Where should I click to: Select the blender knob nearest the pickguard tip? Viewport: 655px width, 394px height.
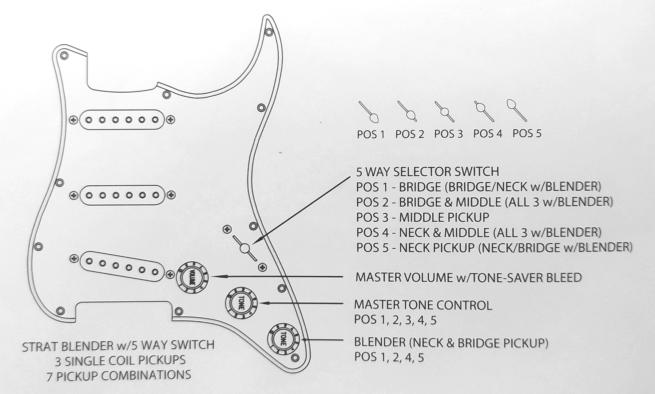(283, 339)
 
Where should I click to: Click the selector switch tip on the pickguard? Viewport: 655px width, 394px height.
(245, 248)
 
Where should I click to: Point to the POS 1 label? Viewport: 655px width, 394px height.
(370, 134)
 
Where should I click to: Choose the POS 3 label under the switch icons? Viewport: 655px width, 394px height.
(448, 134)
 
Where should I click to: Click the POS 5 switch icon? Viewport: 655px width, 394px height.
(516, 110)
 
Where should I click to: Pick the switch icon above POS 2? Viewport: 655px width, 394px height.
(408, 111)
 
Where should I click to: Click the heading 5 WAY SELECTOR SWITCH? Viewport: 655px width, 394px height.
(428, 172)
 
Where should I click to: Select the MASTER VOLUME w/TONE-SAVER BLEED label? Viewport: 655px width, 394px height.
(468, 277)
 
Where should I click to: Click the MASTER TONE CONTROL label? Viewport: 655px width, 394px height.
(423, 305)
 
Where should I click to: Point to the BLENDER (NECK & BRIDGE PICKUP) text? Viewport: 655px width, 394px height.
(451, 342)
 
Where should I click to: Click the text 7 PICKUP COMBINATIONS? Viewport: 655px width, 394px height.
(119, 375)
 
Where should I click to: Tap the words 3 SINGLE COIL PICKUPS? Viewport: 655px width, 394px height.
(120, 360)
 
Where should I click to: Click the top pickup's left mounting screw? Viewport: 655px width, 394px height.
(74, 120)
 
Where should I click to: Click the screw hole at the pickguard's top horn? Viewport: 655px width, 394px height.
(269, 32)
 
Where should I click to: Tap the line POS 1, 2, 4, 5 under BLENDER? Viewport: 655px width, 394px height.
(389, 358)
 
